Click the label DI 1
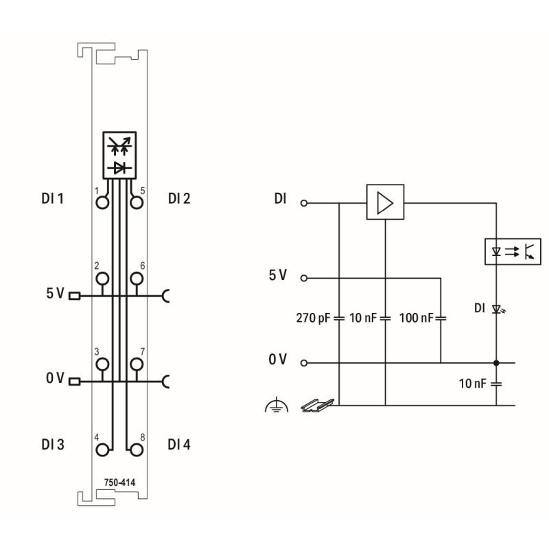pyautogui.click(x=53, y=198)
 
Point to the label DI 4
pyautogui.click(x=179, y=444)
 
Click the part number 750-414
pyautogui.click(x=119, y=482)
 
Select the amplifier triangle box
pyautogui.click(x=385, y=202)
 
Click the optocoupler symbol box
pyautogui.click(x=513, y=251)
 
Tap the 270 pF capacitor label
pyautogui.click(x=313, y=318)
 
